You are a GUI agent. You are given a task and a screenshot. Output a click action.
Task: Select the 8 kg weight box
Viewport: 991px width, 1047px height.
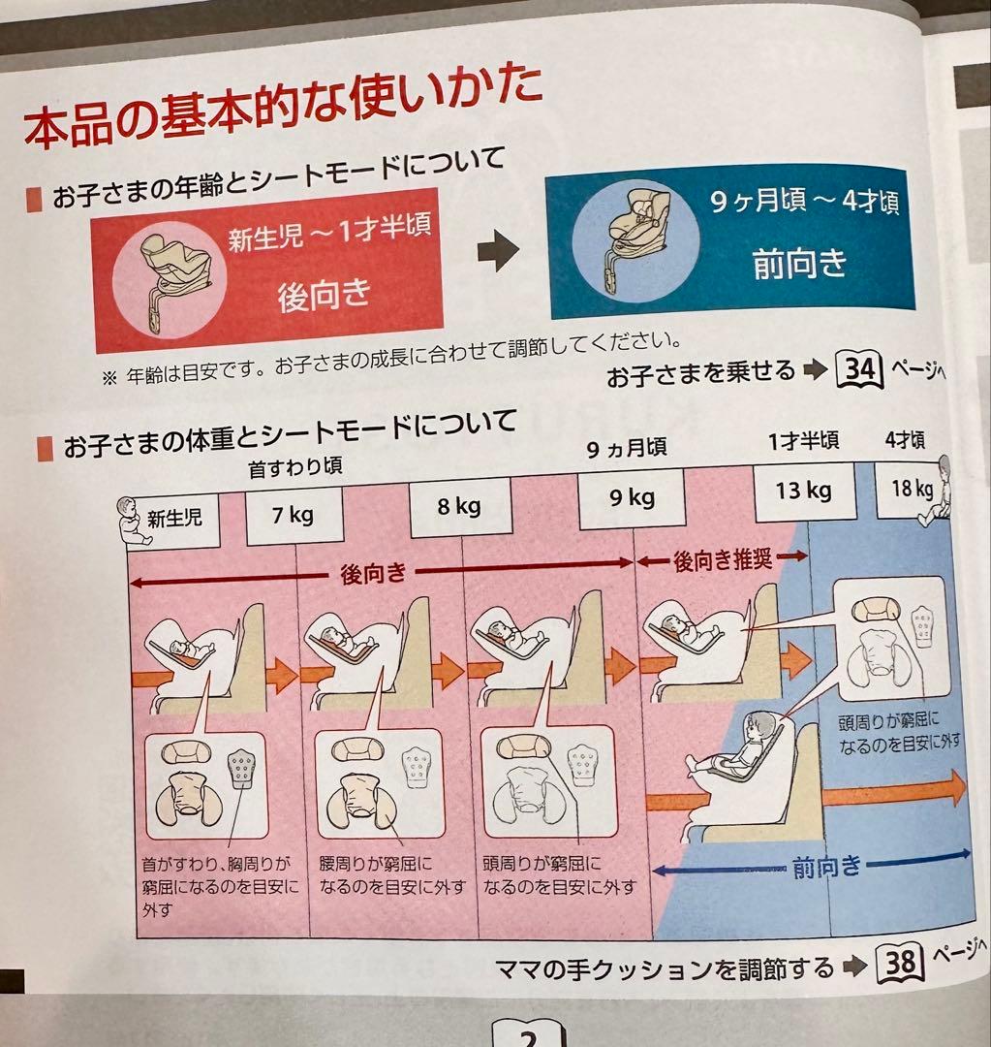(x=459, y=507)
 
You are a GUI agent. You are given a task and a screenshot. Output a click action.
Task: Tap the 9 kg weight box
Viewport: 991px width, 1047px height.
(x=632, y=498)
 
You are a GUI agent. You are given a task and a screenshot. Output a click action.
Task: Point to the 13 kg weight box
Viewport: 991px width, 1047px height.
(x=803, y=491)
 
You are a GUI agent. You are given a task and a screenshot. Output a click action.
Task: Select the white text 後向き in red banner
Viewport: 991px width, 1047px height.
(x=324, y=295)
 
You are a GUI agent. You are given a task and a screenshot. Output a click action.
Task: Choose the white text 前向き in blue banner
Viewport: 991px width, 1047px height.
(x=799, y=263)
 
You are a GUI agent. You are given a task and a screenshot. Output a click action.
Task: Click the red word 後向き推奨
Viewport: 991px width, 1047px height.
(x=722, y=560)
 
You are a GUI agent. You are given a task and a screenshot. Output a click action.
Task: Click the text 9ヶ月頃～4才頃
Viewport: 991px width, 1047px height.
(x=803, y=206)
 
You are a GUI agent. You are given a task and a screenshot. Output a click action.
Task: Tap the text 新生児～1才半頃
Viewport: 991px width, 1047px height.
(x=328, y=236)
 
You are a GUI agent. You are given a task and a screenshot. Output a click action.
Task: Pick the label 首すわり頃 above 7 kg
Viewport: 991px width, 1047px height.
(x=294, y=468)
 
